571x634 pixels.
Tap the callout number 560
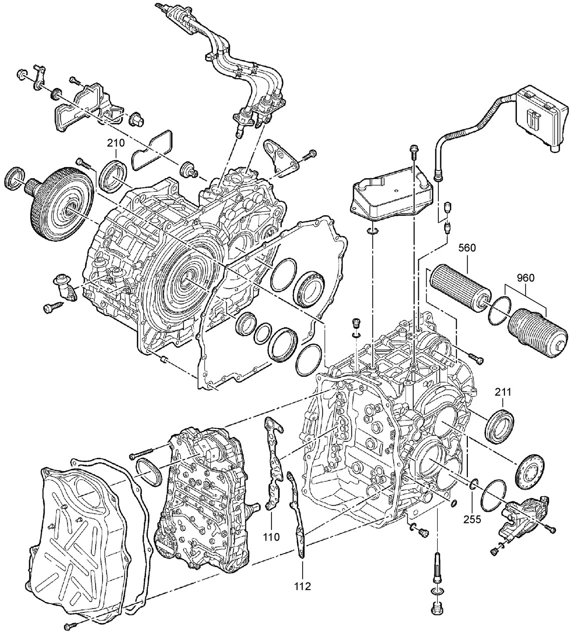[x=468, y=248]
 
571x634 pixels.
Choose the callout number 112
[x=303, y=585]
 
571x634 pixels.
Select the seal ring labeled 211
[x=500, y=424]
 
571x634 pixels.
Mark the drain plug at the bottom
[x=436, y=608]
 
